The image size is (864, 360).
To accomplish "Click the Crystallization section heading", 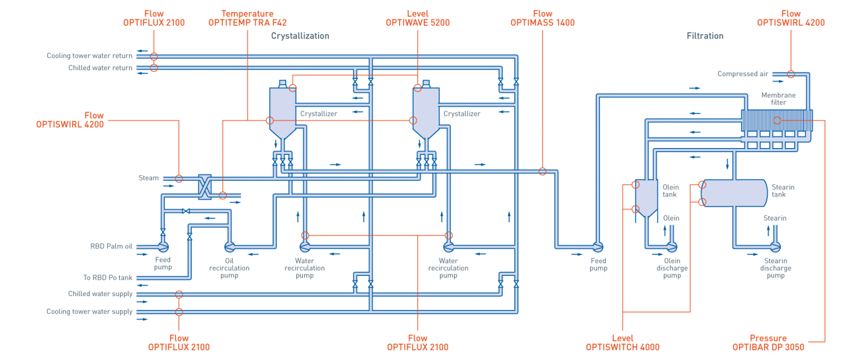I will pyautogui.click(x=300, y=36).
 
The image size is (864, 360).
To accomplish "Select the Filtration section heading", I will pyautogui.click(x=704, y=36).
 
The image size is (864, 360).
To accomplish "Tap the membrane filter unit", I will pyautogui.click(x=776, y=122).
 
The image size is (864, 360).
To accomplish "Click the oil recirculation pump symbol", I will pyautogui.click(x=229, y=247).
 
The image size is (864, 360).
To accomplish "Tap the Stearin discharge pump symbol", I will pyautogui.click(x=775, y=247).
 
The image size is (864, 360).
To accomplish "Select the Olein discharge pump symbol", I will pyautogui.click(x=672, y=247).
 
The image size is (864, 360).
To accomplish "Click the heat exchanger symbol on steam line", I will pyautogui.click(x=204, y=187).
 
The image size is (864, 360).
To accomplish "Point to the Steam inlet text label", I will pyautogui.click(x=148, y=178).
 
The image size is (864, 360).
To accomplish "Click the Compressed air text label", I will pyautogui.click(x=743, y=74).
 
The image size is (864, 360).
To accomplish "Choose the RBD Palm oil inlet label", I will pyautogui.click(x=111, y=247).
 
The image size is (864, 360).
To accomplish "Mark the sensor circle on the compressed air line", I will pyautogui.click(x=791, y=74).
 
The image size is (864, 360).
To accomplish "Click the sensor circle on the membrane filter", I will pyautogui.click(x=777, y=120).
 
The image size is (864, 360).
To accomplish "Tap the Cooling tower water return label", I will pyautogui.click(x=90, y=56).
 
